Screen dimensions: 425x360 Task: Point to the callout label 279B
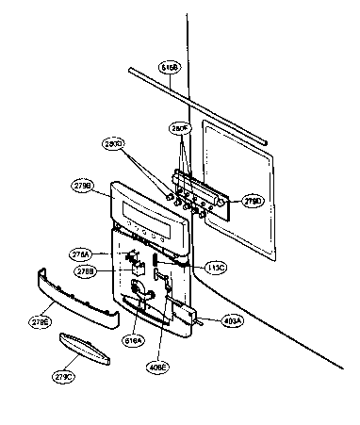pos(81,188)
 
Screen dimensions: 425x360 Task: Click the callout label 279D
pos(254,202)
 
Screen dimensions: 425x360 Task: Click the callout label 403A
pos(233,320)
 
